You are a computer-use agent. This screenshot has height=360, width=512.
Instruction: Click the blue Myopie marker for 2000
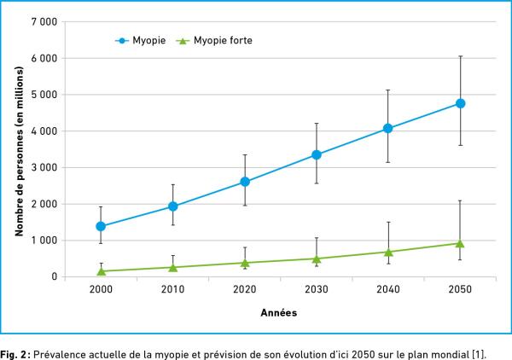101,226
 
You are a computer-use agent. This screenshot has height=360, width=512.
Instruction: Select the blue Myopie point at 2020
245,182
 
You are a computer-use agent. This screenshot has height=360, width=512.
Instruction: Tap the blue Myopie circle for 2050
460,103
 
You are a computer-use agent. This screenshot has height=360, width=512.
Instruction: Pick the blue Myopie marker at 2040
388,129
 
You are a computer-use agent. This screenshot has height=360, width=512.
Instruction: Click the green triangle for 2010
172,267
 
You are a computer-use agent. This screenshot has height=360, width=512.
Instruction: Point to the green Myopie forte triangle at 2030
317,258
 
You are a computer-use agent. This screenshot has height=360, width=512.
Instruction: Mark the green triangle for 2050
460,243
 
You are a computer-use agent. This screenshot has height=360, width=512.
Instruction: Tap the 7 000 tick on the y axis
44,21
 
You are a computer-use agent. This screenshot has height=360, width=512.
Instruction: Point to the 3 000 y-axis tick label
44,167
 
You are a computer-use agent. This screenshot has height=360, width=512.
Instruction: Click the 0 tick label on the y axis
54,276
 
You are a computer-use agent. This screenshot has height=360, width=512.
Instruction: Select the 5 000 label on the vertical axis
44,95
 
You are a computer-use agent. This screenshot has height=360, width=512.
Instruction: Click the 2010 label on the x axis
172,290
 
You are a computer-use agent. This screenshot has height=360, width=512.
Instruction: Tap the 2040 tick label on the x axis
388,290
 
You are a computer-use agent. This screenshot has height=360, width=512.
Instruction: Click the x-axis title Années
279,313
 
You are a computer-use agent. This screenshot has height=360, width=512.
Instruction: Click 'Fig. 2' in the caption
15,350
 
